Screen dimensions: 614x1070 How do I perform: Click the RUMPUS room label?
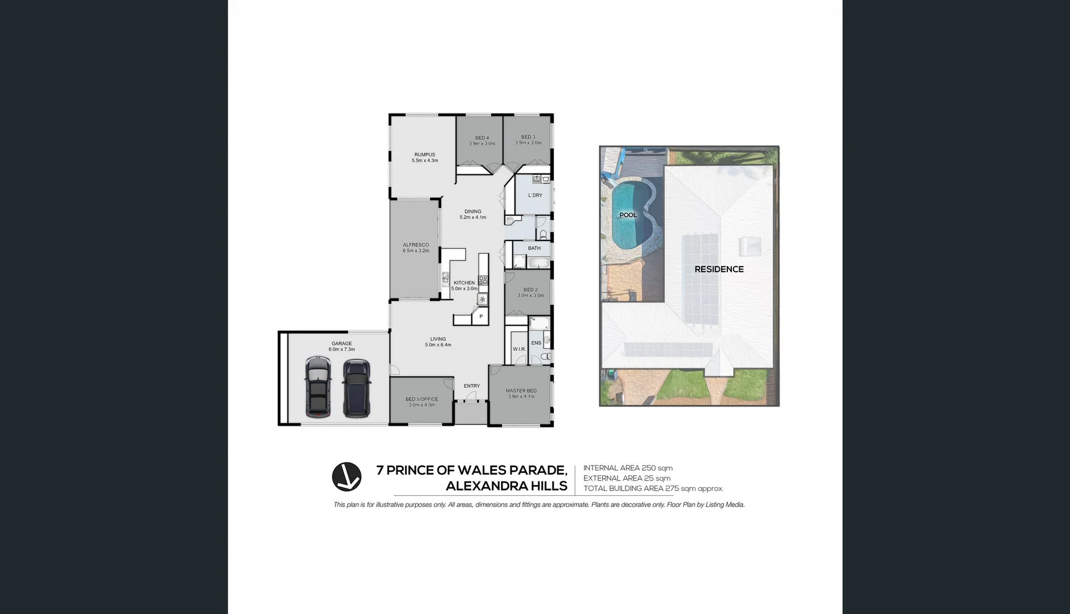pyautogui.click(x=425, y=155)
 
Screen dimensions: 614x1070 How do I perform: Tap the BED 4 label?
pyautogui.click(x=482, y=138)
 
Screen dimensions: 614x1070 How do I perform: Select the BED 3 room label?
pyautogui.click(x=528, y=137)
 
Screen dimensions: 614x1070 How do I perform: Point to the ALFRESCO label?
pyautogui.click(x=416, y=245)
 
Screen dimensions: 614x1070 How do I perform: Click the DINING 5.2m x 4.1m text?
pyautogui.click(x=473, y=214)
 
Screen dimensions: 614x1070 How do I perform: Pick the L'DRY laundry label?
pyautogui.click(x=535, y=196)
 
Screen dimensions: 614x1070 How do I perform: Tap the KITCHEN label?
pyautogui.click(x=464, y=283)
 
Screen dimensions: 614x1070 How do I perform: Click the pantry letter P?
pyautogui.click(x=481, y=317)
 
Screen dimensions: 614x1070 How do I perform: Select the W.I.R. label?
pyautogui.click(x=519, y=349)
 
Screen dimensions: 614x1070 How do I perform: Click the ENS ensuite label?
pyautogui.click(x=536, y=343)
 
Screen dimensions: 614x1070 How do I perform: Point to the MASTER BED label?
pyautogui.click(x=521, y=391)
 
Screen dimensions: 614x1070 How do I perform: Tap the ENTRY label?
pyautogui.click(x=472, y=386)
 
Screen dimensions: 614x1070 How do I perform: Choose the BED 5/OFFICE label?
pyautogui.click(x=422, y=399)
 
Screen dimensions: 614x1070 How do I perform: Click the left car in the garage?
pyautogui.click(x=318, y=387)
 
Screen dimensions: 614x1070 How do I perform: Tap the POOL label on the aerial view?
pyautogui.click(x=628, y=215)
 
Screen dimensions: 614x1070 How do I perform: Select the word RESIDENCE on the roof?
pyautogui.click(x=719, y=269)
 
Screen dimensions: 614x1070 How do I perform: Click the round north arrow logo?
pyautogui.click(x=347, y=477)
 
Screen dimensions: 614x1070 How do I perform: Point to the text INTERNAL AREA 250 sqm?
pyautogui.click(x=628, y=468)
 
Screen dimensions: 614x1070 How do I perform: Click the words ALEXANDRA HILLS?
pyautogui.click(x=507, y=486)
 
